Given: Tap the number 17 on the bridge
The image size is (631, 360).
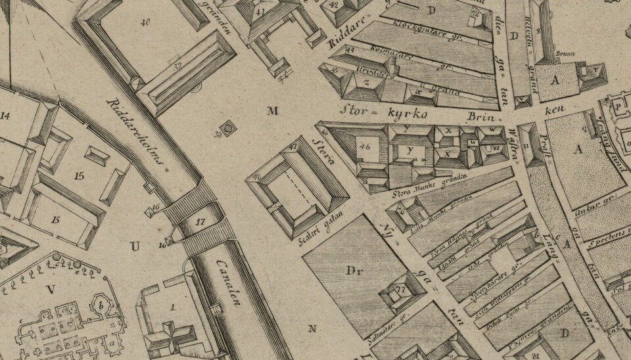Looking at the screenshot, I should [x=200, y=223].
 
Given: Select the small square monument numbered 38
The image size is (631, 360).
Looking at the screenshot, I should [x=229, y=129].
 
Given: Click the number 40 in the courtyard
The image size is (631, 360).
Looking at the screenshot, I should [x=145, y=23].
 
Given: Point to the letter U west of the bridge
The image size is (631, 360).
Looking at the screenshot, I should [x=135, y=247].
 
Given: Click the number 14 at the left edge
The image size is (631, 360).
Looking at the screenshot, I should [x=6, y=116].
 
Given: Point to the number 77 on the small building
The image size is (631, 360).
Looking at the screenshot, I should [x=399, y=289].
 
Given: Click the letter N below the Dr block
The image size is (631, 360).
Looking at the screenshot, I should [x=312, y=328].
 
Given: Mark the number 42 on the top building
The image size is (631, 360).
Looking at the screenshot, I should [x=334, y=5].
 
